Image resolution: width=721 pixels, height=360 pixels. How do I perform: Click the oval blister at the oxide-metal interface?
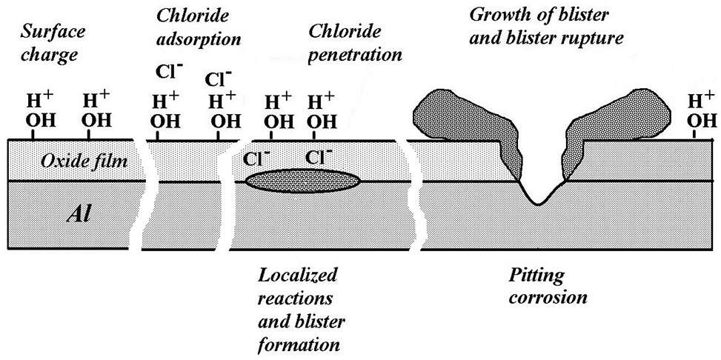click(x=304, y=181)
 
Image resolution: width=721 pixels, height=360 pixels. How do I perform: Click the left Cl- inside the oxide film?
click(x=256, y=158)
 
